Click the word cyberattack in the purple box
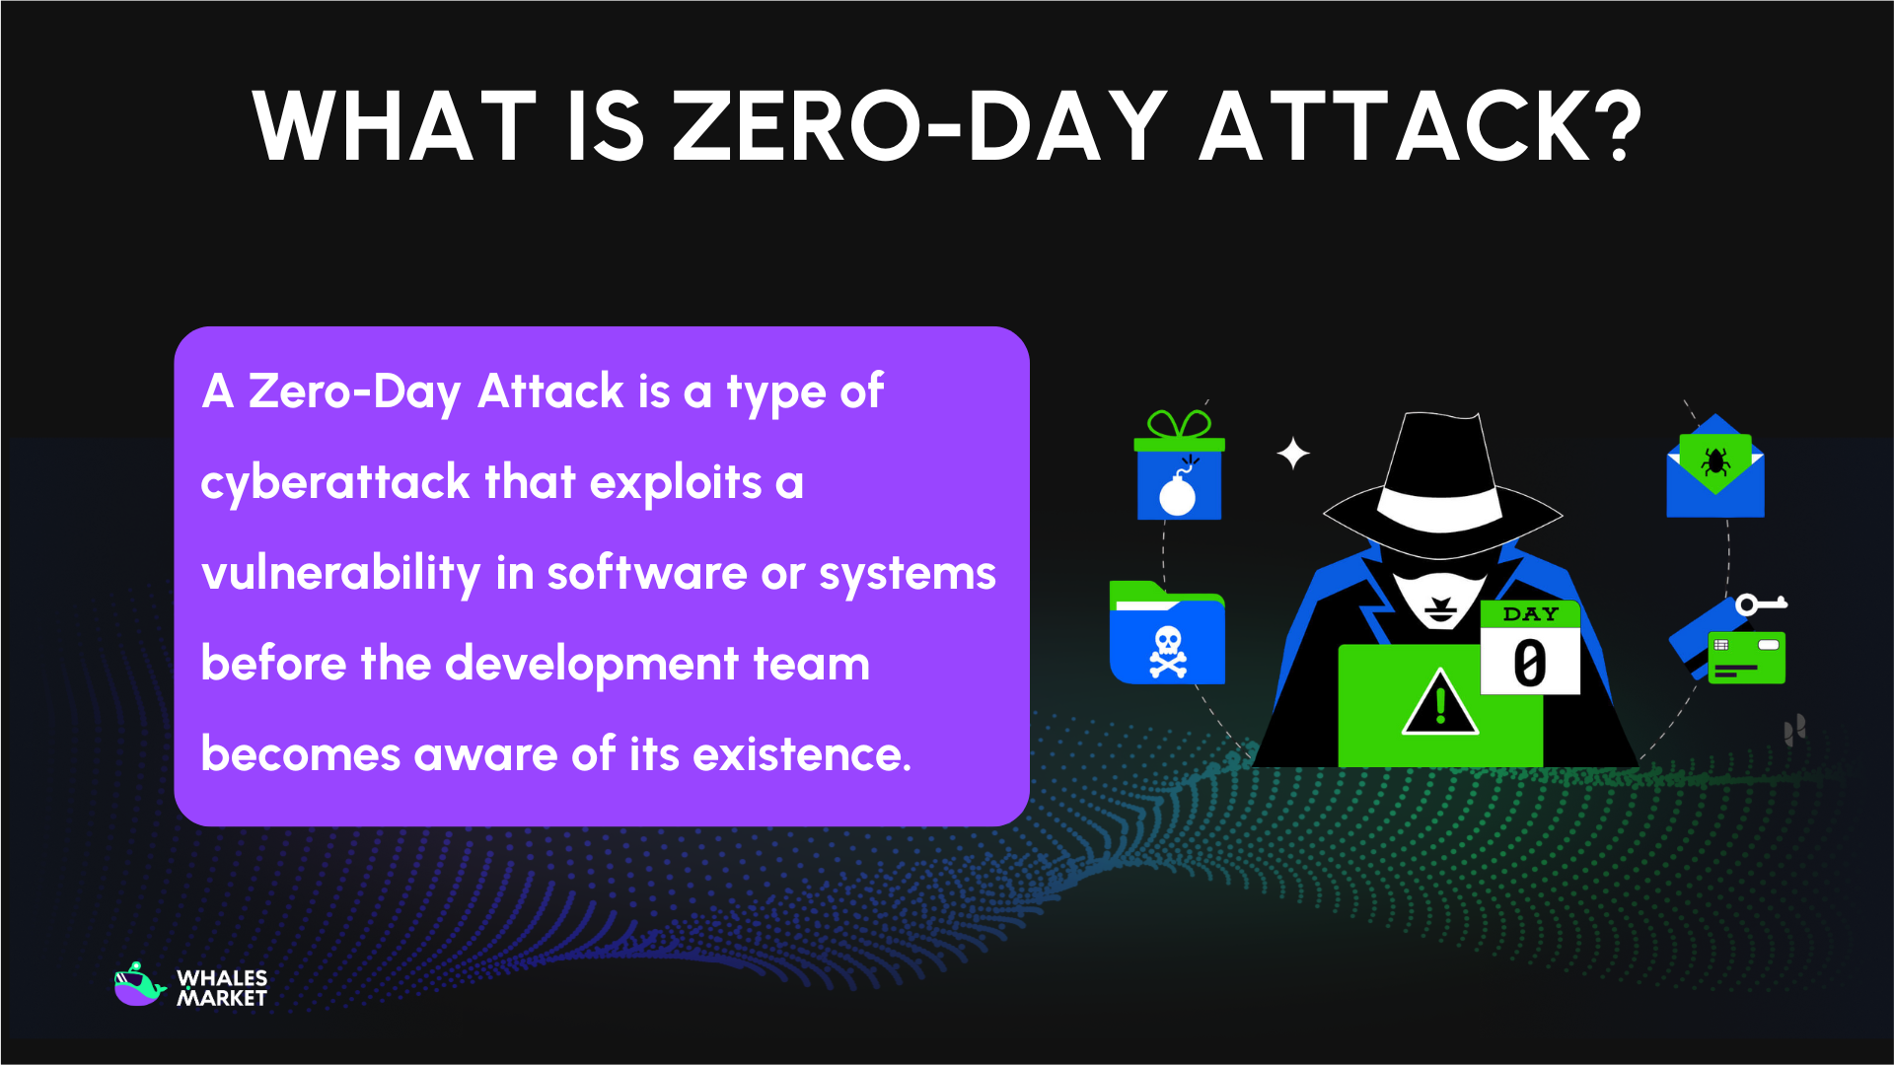(335, 482)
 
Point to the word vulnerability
(340, 573)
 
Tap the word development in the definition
(592, 664)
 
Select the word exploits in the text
(676, 482)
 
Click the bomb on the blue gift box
(1178, 492)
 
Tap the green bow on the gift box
(1179, 425)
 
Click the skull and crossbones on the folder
(1168, 652)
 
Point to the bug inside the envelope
(1714, 461)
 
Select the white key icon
(1760, 603)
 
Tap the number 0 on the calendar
(1529, 664)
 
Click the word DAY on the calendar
(1530, 614)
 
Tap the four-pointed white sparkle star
(1292, 454)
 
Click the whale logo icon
(139, 985)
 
